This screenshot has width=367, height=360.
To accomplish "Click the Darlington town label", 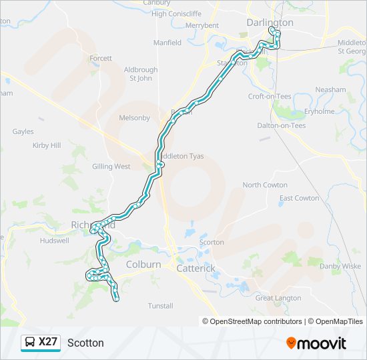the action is pos(270,22).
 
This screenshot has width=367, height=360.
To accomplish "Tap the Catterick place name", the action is pos(196,268).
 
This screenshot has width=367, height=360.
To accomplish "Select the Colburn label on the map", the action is pos(143,264).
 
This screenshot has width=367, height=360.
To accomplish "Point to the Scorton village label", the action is pos(212,242).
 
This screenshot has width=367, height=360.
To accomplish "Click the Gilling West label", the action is pos(111,167).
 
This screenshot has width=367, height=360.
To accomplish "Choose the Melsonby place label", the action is pos(134,118).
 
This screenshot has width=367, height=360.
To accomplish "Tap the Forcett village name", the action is pos(101,59).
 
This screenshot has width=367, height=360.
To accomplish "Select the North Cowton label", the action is pos(265,185).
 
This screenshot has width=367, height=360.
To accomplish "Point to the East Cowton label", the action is pos(299,198).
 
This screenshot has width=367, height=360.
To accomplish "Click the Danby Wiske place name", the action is pos(340,267).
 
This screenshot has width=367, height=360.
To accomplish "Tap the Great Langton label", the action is pos(278,298).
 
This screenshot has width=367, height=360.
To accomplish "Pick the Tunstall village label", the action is pos(160,306).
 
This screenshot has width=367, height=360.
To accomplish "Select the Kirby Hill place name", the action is pos(47,145).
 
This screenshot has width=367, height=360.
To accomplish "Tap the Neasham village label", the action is pos(330,89).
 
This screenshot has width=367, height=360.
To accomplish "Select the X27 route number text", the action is pos(49,342).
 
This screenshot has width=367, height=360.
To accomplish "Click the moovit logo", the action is pos(316,343).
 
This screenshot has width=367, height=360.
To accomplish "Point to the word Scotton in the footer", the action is pos(85,343).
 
